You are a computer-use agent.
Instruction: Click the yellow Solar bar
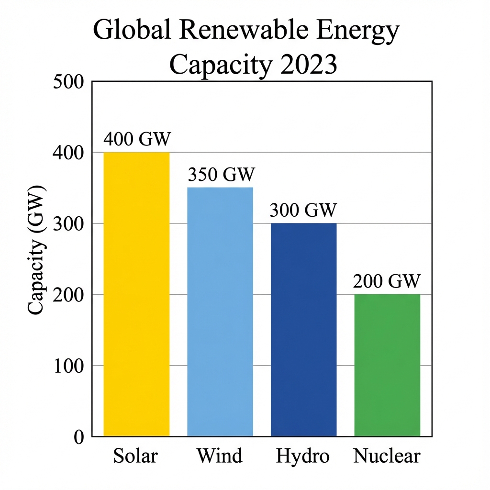137,294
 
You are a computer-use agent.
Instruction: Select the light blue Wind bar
220,312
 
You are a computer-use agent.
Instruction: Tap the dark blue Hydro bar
303,330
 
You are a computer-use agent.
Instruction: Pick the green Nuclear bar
387,365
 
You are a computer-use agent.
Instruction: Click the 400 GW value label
137,139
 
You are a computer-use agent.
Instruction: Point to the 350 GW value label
221,175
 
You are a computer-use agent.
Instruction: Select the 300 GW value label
303,210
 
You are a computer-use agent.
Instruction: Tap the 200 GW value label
387,281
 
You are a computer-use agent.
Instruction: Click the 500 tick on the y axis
69,82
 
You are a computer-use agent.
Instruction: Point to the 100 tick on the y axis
69,366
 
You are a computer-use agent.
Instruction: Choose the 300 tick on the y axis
69,223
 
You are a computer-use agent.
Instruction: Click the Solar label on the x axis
135,456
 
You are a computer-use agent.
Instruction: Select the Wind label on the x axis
220,456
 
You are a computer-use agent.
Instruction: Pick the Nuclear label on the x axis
387,456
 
